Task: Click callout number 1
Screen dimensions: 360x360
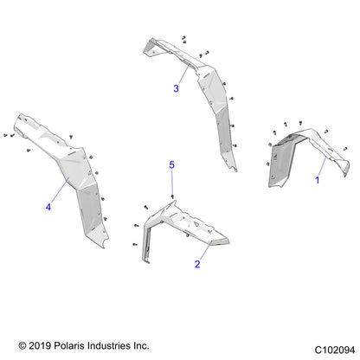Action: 318,180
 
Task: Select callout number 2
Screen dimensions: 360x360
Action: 197,264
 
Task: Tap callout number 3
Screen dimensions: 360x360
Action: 177,88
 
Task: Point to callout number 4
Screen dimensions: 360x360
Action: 48,207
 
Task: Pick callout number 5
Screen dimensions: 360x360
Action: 172,164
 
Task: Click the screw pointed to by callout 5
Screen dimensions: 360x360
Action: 172,196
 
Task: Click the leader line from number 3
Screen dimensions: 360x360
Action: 184,74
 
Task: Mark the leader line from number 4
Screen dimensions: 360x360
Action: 60,190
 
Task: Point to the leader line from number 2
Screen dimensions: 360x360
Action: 205,251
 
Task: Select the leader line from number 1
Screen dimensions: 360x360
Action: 322,166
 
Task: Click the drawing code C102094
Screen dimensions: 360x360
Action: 335,350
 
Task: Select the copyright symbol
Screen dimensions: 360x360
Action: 22,345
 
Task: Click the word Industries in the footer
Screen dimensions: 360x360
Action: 109,345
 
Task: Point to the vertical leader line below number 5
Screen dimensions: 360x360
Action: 172,183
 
